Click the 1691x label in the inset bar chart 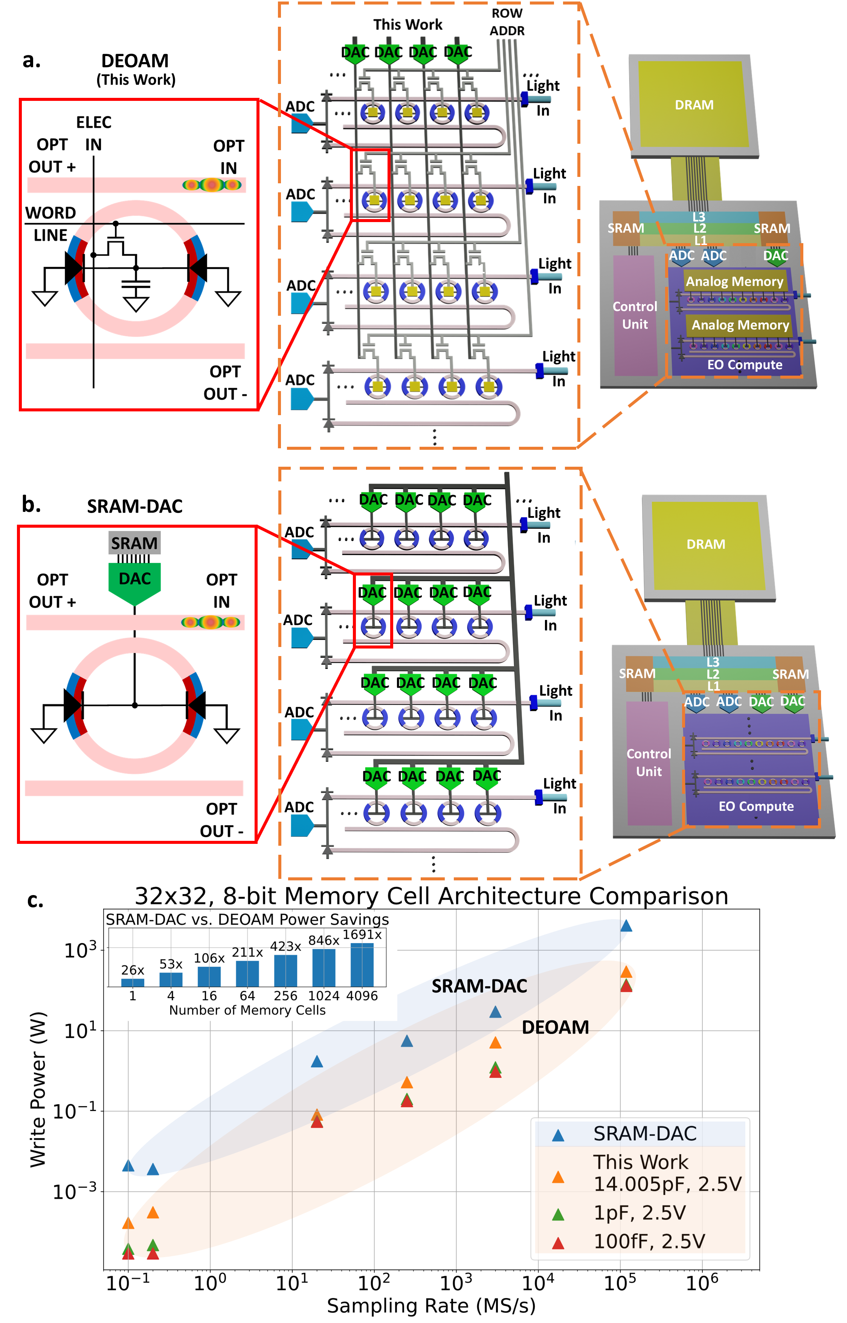click(x=362, y=935)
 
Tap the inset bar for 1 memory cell click(x=133, y=983)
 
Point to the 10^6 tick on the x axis click(x=702, y=1283)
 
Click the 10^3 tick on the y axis click(x=80, y=949)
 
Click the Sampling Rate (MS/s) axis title click(x=431, y=1305)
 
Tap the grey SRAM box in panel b click(x=135, y=543)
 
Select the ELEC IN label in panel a click(x=93, y=133)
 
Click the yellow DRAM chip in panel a click(x=694, y=104)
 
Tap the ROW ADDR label click(x=507, y=22)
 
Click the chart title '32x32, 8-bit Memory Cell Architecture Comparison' click(x=432, y=896)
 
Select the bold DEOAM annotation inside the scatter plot click(x=555, y=1027)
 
